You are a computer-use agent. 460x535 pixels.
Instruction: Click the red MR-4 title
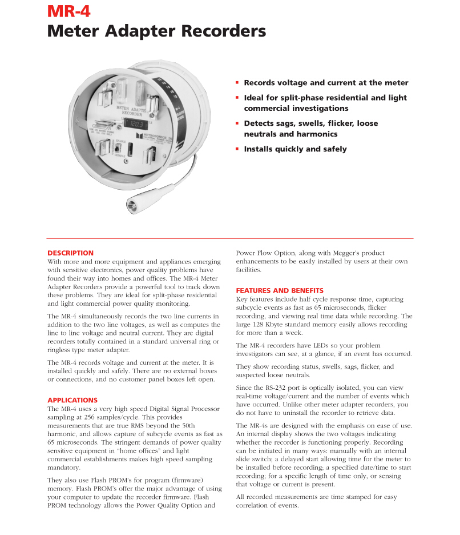(68, 11)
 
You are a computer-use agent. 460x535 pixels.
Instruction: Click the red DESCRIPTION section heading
(70, 253)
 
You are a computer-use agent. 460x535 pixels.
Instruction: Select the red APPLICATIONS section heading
(72, 400)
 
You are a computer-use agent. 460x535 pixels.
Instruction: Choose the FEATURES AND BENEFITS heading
(280, 290)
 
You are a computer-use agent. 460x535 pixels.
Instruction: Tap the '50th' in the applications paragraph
(185, 426)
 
